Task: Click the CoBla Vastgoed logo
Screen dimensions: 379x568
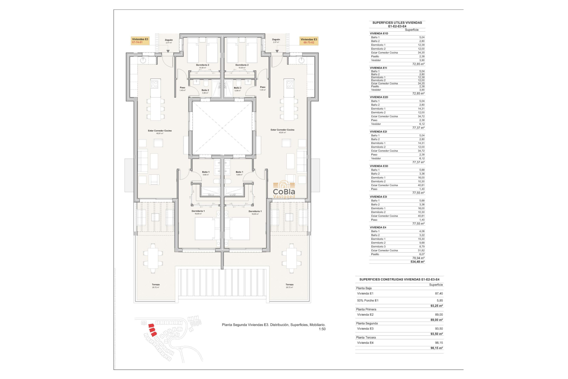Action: (284, 189)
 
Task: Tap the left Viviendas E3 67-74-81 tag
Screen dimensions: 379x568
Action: (140, 41)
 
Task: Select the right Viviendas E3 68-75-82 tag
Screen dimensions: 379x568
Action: (309, 41)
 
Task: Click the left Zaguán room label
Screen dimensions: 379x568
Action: (169, 40)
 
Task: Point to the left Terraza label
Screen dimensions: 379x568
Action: (156, 285)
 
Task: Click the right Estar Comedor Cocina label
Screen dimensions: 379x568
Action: (282, 130)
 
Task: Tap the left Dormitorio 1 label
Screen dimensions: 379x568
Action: (198, 211)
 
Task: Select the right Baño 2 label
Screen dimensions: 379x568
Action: (238, 88)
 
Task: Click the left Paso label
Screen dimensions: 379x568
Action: (183, 88)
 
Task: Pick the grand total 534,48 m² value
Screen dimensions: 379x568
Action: (417, 262)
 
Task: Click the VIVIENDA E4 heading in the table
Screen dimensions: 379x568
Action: (378, 227)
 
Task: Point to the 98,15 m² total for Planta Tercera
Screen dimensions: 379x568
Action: (437, 348)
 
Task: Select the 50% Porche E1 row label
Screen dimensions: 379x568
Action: (368, 301)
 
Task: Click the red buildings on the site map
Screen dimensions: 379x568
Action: (152, 330)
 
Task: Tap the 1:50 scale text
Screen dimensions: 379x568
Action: (322, 329)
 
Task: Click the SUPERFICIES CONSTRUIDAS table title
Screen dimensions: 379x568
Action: (399, 280)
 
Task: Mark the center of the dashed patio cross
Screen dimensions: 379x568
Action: (222, 128)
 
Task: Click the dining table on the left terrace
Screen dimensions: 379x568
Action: (153, 258)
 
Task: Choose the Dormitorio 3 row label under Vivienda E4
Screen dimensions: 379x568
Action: (378, 247)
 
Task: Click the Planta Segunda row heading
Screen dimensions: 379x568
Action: (367, 323)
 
